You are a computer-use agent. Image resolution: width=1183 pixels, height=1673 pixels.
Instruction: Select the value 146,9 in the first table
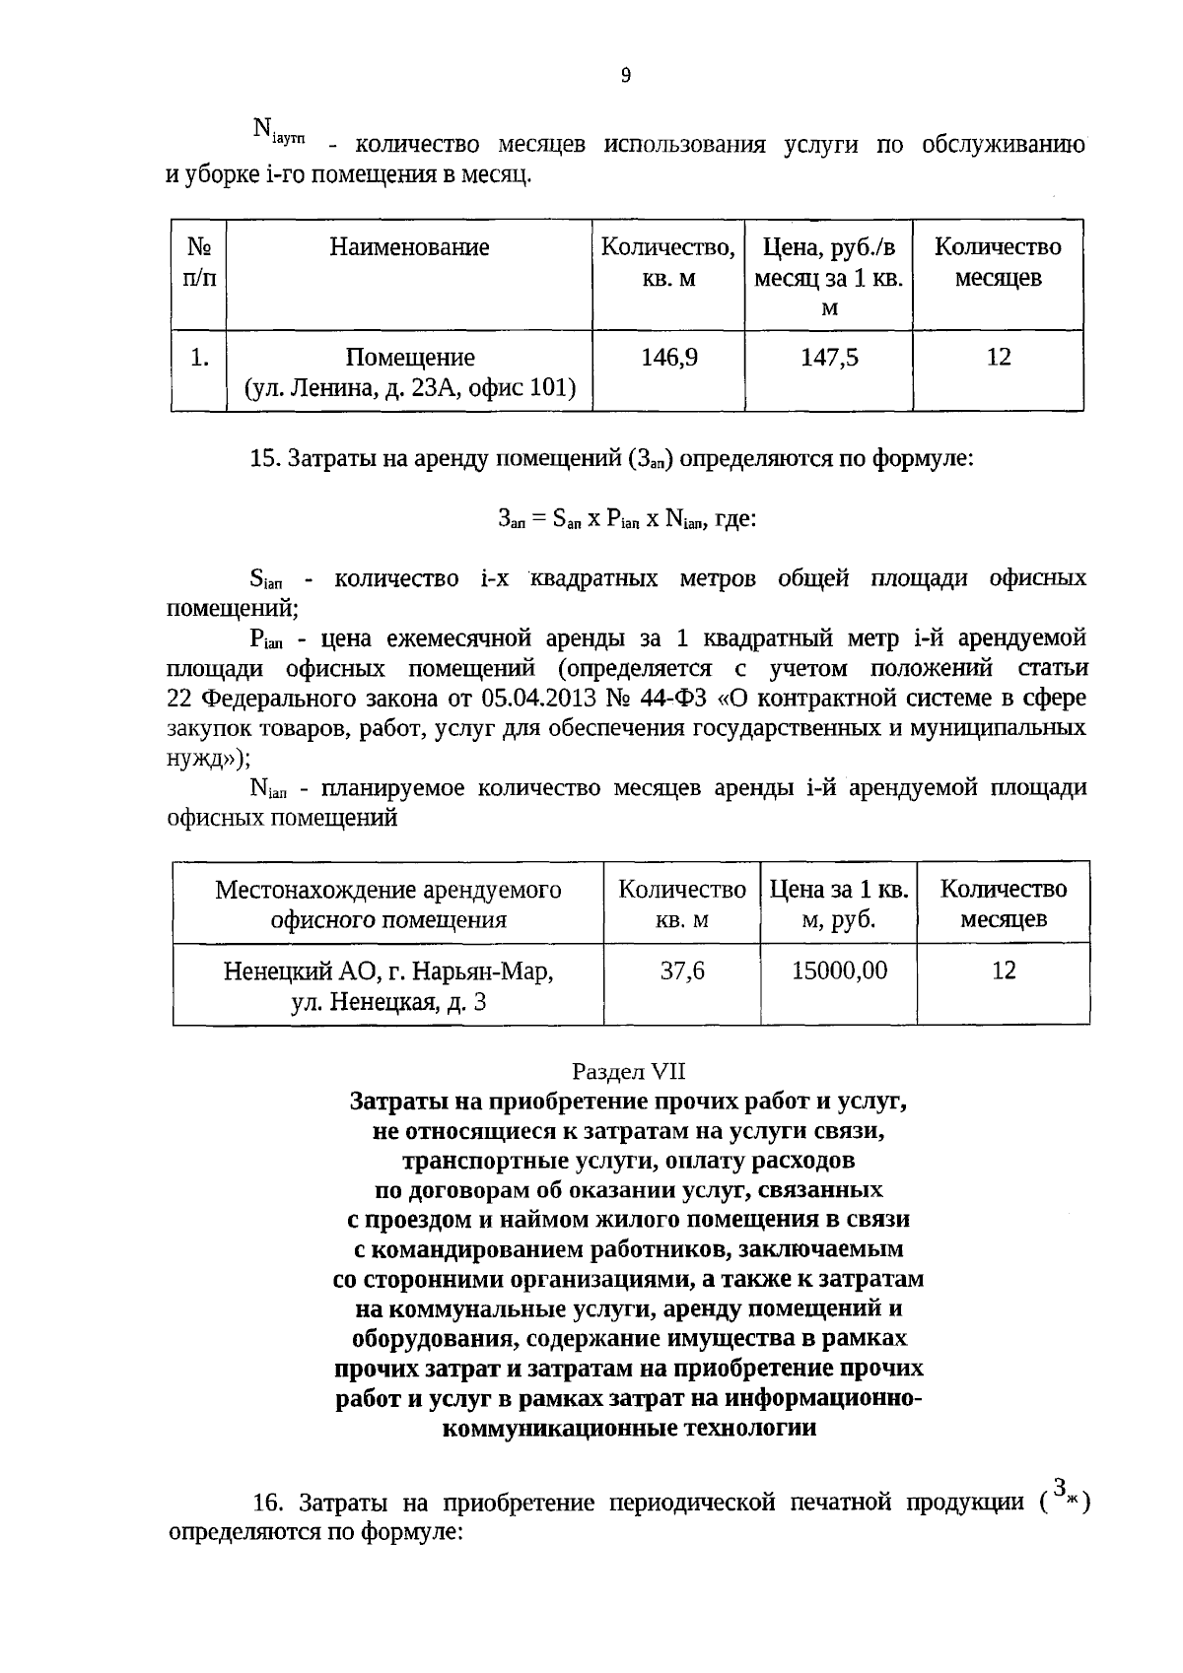669,358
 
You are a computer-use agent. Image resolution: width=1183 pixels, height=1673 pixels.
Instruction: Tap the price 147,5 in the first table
829,358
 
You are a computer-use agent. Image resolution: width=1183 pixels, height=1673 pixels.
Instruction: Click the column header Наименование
409,247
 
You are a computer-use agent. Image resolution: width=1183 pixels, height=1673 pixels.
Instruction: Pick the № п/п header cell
199,262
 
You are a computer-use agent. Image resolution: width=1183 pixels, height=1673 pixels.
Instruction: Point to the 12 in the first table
999,358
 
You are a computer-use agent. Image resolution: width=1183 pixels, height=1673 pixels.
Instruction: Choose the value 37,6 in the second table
682,971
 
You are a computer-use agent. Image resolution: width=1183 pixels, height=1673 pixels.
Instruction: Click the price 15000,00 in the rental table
839,971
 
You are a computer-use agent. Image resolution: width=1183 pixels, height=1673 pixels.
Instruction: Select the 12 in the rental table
1004,971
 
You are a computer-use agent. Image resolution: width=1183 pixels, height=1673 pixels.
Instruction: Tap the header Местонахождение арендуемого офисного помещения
388,904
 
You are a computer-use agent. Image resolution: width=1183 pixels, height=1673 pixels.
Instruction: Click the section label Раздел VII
628,1071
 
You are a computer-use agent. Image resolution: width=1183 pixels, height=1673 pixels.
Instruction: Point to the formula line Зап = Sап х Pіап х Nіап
627,518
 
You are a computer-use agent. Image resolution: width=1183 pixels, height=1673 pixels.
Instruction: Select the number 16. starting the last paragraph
269,1504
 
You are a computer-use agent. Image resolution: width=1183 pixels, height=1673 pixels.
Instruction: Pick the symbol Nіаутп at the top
278,131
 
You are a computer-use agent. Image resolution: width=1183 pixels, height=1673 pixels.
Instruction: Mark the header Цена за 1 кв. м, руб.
839,904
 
